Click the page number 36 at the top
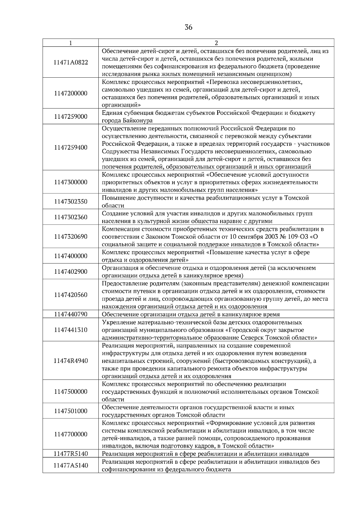pyautogui.click(x=188, y=28)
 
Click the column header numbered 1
pyautogui.click(x=70, y=43)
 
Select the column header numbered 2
pyautogui.click(x=216, y=43)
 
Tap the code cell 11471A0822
pyautogui.click(x=70, y=62)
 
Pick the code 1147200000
pyautogui.click(x=70, y=93)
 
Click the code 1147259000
pyautogui.click(x=70, y=117)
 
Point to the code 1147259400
pyautogui.click(x=70, y=147)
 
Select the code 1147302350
pyautogui.click(x=70, y=201)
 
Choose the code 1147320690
pyautogui.click(x=70, y=237)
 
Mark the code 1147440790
pyautogui.click(x=70, y=314)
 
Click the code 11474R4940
pyautogui.click(x=70, y=361)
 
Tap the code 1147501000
pyautogui.click(x=70, y=411)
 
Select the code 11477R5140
pyautogui.click(x=70, y=454)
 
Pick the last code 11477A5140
pyautogui.click(x=70, y=466)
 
